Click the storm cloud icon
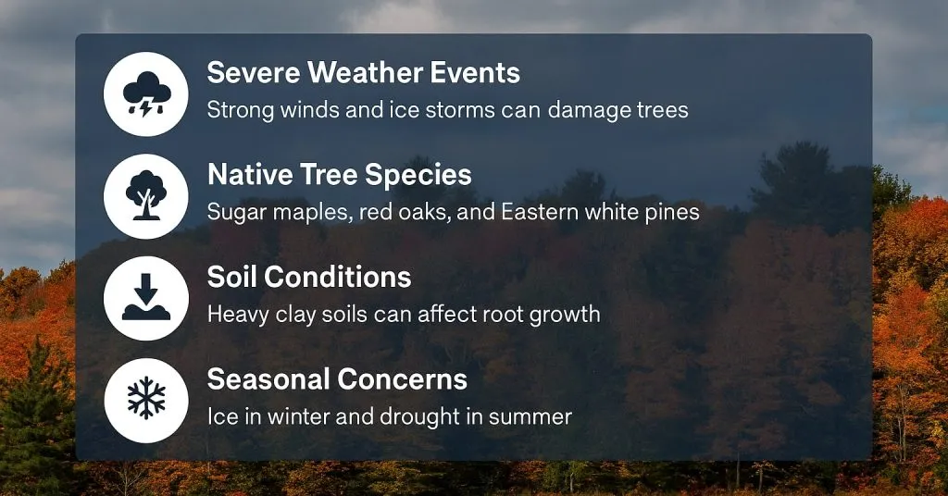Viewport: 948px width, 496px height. [146, 94]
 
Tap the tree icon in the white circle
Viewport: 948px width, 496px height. [146, 196]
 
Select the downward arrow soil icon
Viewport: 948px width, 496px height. [146, 298]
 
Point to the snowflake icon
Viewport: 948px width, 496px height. [146, 400]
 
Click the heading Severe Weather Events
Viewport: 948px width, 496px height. [363, 72]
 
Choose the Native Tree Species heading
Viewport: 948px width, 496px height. [339, 174]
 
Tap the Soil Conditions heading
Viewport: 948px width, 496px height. [308, 276]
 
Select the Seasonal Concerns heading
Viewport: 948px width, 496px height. [337, 378]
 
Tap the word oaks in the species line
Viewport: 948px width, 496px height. [404, 212]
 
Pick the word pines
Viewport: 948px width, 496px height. [671, 212]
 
